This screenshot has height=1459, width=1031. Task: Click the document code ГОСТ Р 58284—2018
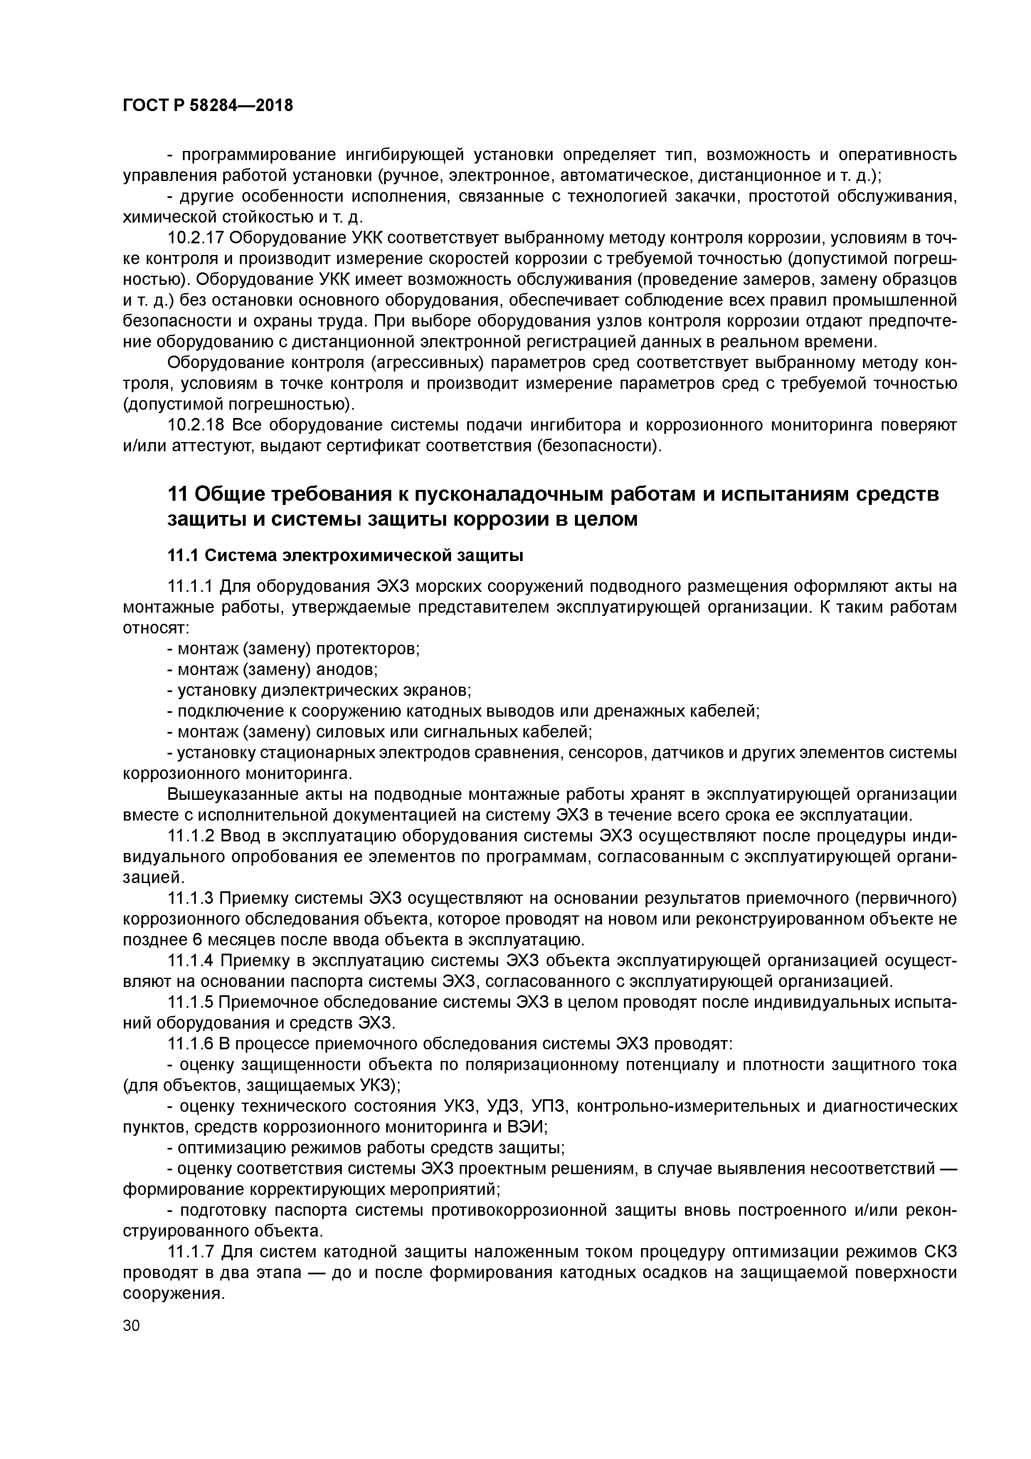point(208,106)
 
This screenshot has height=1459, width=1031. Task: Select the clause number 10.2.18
point(194,425)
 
